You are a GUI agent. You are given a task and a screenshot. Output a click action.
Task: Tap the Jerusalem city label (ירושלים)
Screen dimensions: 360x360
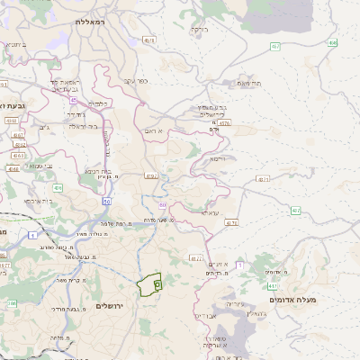114,306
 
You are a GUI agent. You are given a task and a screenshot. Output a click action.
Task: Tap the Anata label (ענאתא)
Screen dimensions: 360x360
209,212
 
